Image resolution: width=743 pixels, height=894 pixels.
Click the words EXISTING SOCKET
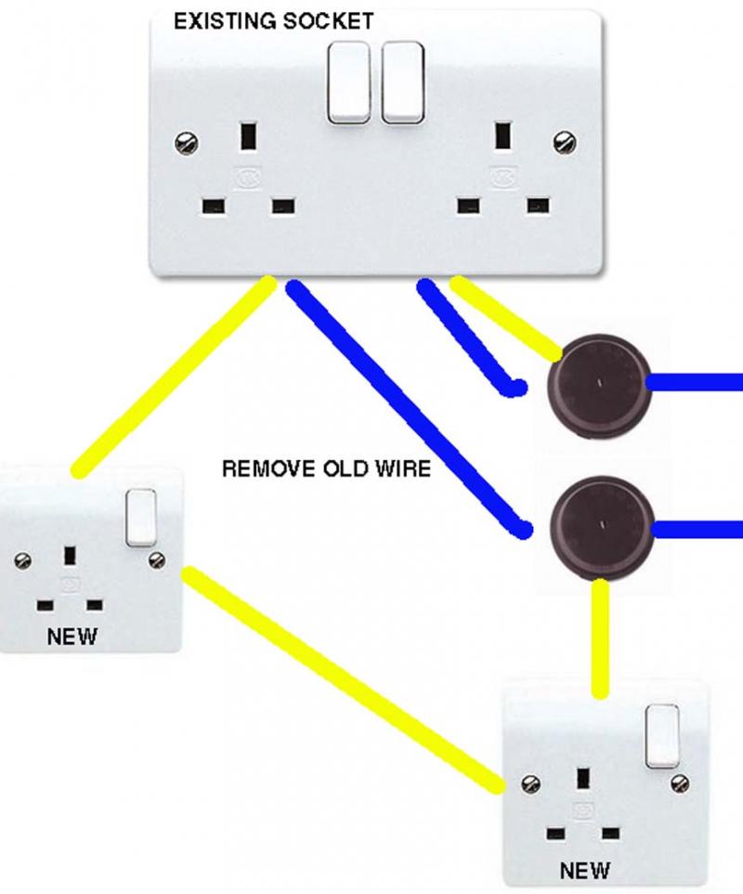(273, 21)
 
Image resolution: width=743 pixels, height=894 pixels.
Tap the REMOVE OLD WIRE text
(326, 468)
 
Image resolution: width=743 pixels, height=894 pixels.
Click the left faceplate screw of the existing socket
(187, 142)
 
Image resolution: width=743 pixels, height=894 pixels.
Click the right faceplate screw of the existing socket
(564, 141)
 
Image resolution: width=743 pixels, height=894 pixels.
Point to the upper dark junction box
(599, 386)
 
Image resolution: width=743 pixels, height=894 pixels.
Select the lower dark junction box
(602, 529)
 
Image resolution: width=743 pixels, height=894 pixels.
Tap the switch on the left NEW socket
(141, 518)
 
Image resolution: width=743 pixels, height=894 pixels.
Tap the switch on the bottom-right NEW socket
(662, 735)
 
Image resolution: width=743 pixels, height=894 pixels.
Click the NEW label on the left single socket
(72, 637)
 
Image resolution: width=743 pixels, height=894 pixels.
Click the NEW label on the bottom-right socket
(584, 871)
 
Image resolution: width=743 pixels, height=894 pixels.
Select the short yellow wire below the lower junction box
(600, 638)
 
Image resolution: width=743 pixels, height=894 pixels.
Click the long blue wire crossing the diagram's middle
(409, 409)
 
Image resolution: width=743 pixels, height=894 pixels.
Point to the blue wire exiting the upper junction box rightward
(695, 381)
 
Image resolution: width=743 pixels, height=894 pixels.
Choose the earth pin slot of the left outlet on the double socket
(248, 136)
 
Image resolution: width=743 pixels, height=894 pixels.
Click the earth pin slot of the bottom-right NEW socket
(582, 778)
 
